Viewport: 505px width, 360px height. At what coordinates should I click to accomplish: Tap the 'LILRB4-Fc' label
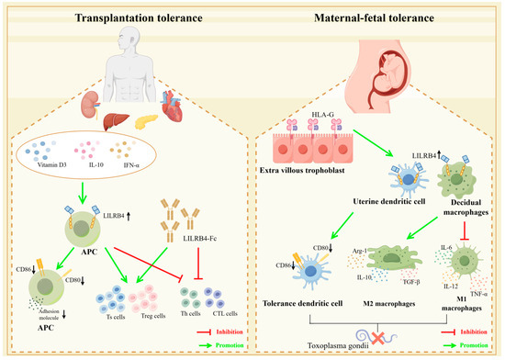pos(190,241)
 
